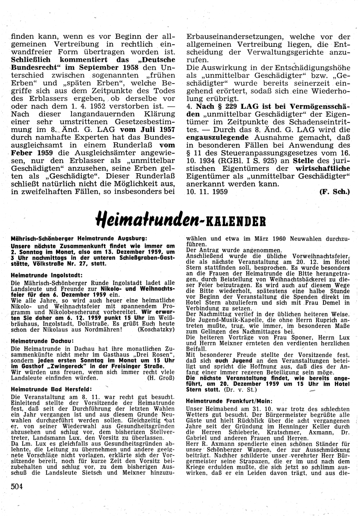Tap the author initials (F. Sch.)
[x=334, y=192]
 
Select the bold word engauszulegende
[x=217, y=137]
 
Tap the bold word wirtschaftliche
[x=323, y=168]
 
